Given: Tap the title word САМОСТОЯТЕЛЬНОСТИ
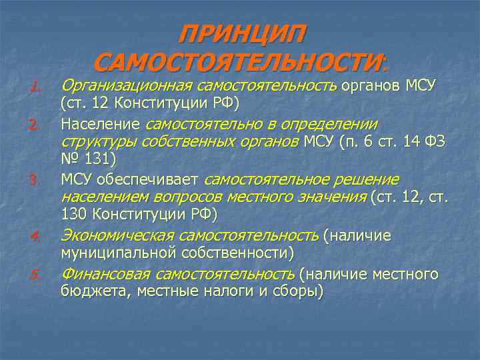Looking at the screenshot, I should click(239, 63).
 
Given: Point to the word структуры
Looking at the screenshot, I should click(96, 141).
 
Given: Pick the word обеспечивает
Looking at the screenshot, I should click(155, 179).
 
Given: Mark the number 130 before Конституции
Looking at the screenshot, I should click(75, 215).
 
